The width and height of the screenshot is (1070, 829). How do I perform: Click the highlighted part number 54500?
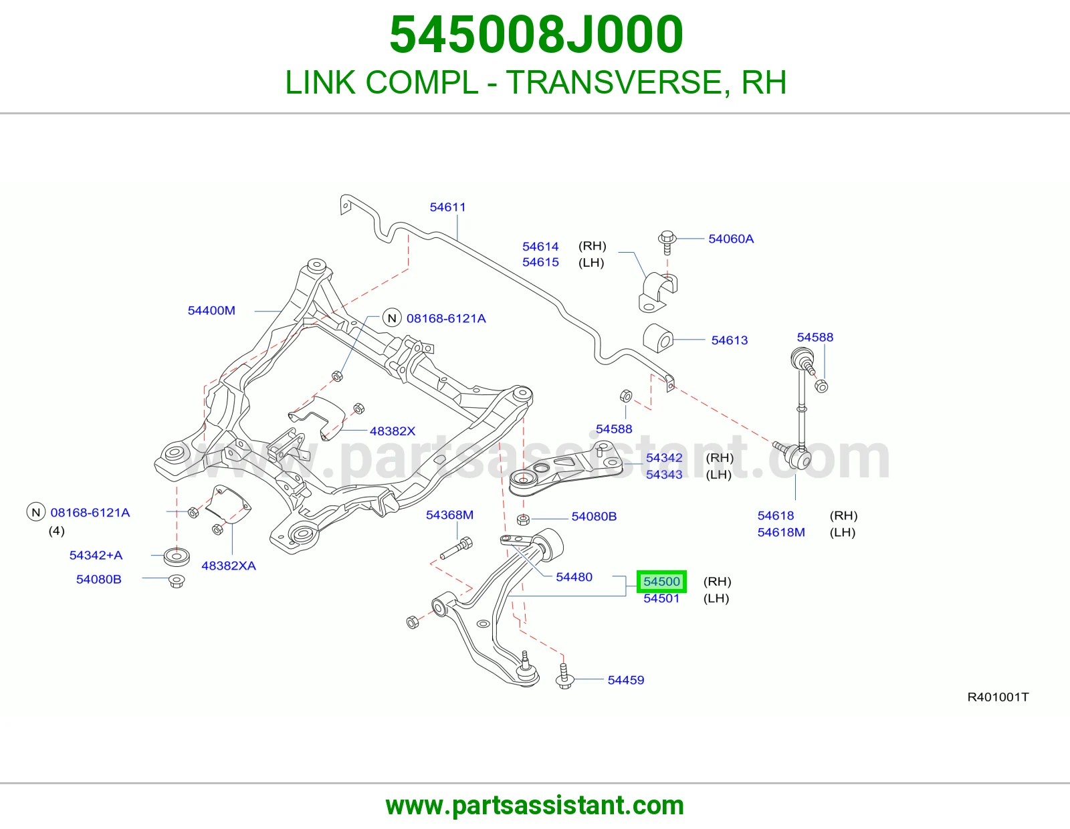[661, 582]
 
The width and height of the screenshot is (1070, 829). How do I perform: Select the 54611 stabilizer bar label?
[447, 207]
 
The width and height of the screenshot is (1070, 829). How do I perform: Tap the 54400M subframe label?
[211, 311]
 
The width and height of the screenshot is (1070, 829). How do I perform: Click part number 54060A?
[731, 239]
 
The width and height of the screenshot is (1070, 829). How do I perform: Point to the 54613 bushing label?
[729, 340]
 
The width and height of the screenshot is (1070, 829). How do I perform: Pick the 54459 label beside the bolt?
[626, 680]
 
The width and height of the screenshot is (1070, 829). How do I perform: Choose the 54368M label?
[449, 515]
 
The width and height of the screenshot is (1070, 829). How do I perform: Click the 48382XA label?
[229, 566]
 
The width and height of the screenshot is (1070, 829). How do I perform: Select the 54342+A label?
[96, 556]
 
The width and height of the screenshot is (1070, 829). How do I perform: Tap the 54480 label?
[574, 577]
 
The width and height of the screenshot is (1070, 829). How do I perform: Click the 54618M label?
[781, 532]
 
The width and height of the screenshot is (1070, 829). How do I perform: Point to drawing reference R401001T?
[998, 697]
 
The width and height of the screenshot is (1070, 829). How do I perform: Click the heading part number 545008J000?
[536, 34]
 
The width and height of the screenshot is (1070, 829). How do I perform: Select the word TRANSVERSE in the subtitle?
[614, 82]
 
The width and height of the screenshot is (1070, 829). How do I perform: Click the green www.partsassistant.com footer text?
[535, 806]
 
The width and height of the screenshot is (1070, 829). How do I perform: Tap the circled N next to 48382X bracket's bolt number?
[392, 318]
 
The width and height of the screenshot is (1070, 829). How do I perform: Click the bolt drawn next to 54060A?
[667, 242]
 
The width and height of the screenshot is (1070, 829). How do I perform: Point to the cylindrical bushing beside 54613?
[658, 338]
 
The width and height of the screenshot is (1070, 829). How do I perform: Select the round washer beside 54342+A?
[177, 556]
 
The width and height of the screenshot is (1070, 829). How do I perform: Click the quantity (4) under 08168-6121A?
[57, 531]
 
